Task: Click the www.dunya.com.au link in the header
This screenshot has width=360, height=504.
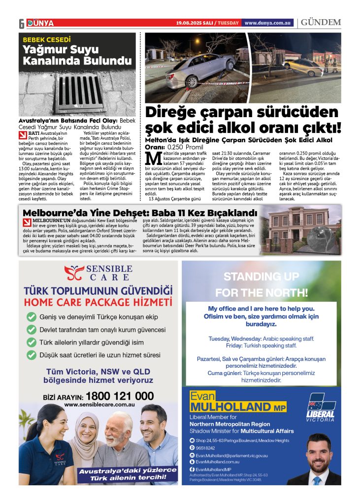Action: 268,23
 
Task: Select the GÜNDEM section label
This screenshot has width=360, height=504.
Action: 321,23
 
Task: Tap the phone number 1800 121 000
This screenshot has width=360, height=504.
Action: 119,396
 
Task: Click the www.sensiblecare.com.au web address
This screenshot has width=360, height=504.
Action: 99,405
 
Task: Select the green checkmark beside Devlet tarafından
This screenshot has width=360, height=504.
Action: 32,329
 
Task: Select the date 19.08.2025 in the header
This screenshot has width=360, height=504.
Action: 191,23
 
